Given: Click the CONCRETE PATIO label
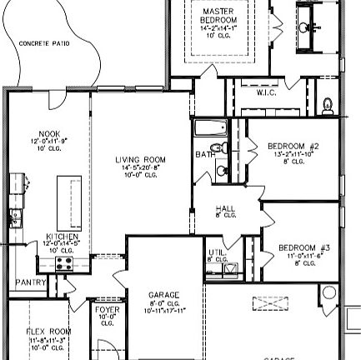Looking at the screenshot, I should (x=44, y=42).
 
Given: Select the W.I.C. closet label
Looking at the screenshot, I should (x=266, y=92).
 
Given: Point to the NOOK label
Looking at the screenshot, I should (x=49, y=133).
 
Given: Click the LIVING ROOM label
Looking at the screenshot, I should (x=140, y=159).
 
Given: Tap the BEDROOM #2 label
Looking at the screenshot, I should (x=293, y=146).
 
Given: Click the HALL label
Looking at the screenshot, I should (x=225, y=209).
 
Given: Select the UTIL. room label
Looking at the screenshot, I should (x=216, y=252).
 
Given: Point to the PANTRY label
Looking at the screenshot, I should (x=30, y=283).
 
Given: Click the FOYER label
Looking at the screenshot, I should (x=107, y=310).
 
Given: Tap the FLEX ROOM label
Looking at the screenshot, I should (x=49, y=332).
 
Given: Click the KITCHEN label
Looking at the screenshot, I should (x=62, y=237).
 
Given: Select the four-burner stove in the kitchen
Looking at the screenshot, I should (x=63, y=263).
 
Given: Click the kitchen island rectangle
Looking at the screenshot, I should (x=69, y=203).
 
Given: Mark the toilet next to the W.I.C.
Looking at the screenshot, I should (x=328, y=105).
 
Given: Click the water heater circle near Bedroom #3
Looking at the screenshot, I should (x=328, y=293).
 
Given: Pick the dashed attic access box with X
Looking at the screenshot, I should (x=270, y=302).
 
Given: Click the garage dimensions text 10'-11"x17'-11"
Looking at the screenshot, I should (x=163, y=310).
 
